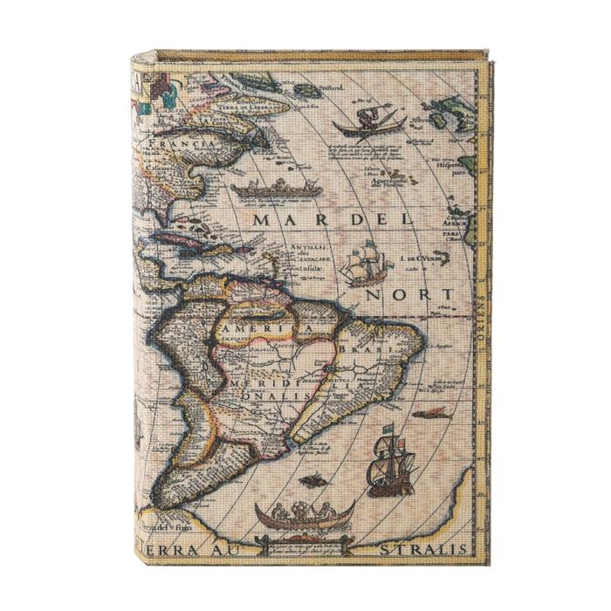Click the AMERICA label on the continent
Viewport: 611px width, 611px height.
[x=263, y=327]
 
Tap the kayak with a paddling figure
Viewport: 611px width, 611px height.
[x=370, y=124]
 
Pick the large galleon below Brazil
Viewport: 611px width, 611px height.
[x=390, y=463]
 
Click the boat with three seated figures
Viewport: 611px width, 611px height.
[x=305, y=515]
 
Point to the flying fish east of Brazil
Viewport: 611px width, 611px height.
[x=431, y=414]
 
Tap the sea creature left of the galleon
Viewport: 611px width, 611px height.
[x=312, y=479]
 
